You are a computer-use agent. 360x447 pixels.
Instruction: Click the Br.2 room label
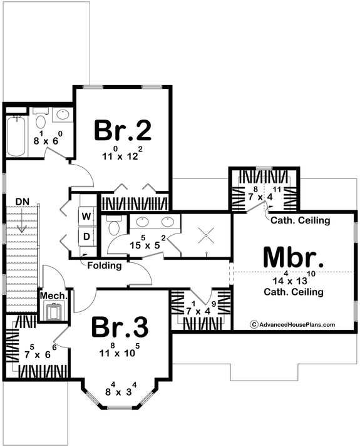pyautogui.click(x=123, y=130)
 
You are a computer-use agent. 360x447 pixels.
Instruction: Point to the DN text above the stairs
pyautogui.click(x=23, y=200)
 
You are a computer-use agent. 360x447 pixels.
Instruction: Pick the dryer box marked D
pyautogui.click(x=86, y=237)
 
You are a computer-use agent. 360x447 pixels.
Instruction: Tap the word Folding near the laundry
pyautogui.click(x=105, y=265)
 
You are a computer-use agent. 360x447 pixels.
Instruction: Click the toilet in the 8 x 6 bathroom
pyautogui.click(x=41, y=121)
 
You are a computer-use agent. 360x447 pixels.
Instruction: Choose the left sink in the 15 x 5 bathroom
pyautogui.click(x=142, y=222)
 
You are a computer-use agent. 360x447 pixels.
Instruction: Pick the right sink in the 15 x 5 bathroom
pyautogui.click(x=167, y=222)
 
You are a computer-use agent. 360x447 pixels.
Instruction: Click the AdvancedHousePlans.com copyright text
pyautogui.click(x=293, y=324)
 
